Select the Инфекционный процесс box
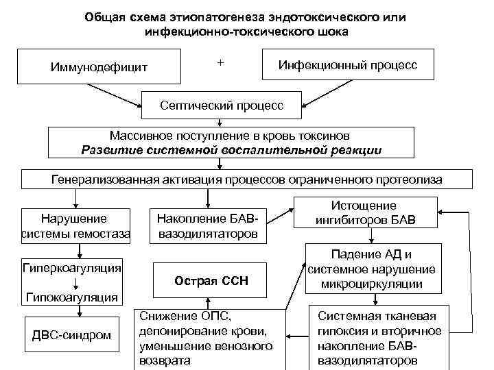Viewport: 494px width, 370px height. (348, 65)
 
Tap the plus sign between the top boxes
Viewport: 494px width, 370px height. (220, 62)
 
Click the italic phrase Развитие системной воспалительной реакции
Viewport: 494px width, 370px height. (231, 150)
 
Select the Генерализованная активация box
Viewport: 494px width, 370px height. (247, 180)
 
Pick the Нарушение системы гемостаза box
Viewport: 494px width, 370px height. (75, 226)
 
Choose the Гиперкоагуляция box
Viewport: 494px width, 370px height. (72, 266)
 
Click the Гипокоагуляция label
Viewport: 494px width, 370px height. (71, 297)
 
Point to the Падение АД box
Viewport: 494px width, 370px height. (371, 268)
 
